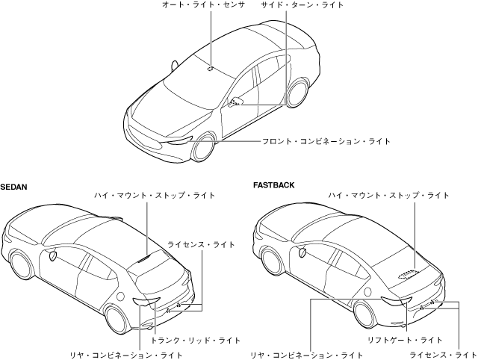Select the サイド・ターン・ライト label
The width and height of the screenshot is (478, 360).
(x=302, y=5)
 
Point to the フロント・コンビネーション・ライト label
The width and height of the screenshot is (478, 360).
(x=326, y=141)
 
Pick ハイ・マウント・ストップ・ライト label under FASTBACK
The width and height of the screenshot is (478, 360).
(x=388, y=195)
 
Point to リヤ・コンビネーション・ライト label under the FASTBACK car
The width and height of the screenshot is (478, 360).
(x=306, y=354)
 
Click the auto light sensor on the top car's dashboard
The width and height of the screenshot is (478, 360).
(x=211, y=69)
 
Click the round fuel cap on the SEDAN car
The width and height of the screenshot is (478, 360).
(x=52, y=256)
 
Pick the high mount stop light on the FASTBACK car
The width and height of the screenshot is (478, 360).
(x=406, y=273)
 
